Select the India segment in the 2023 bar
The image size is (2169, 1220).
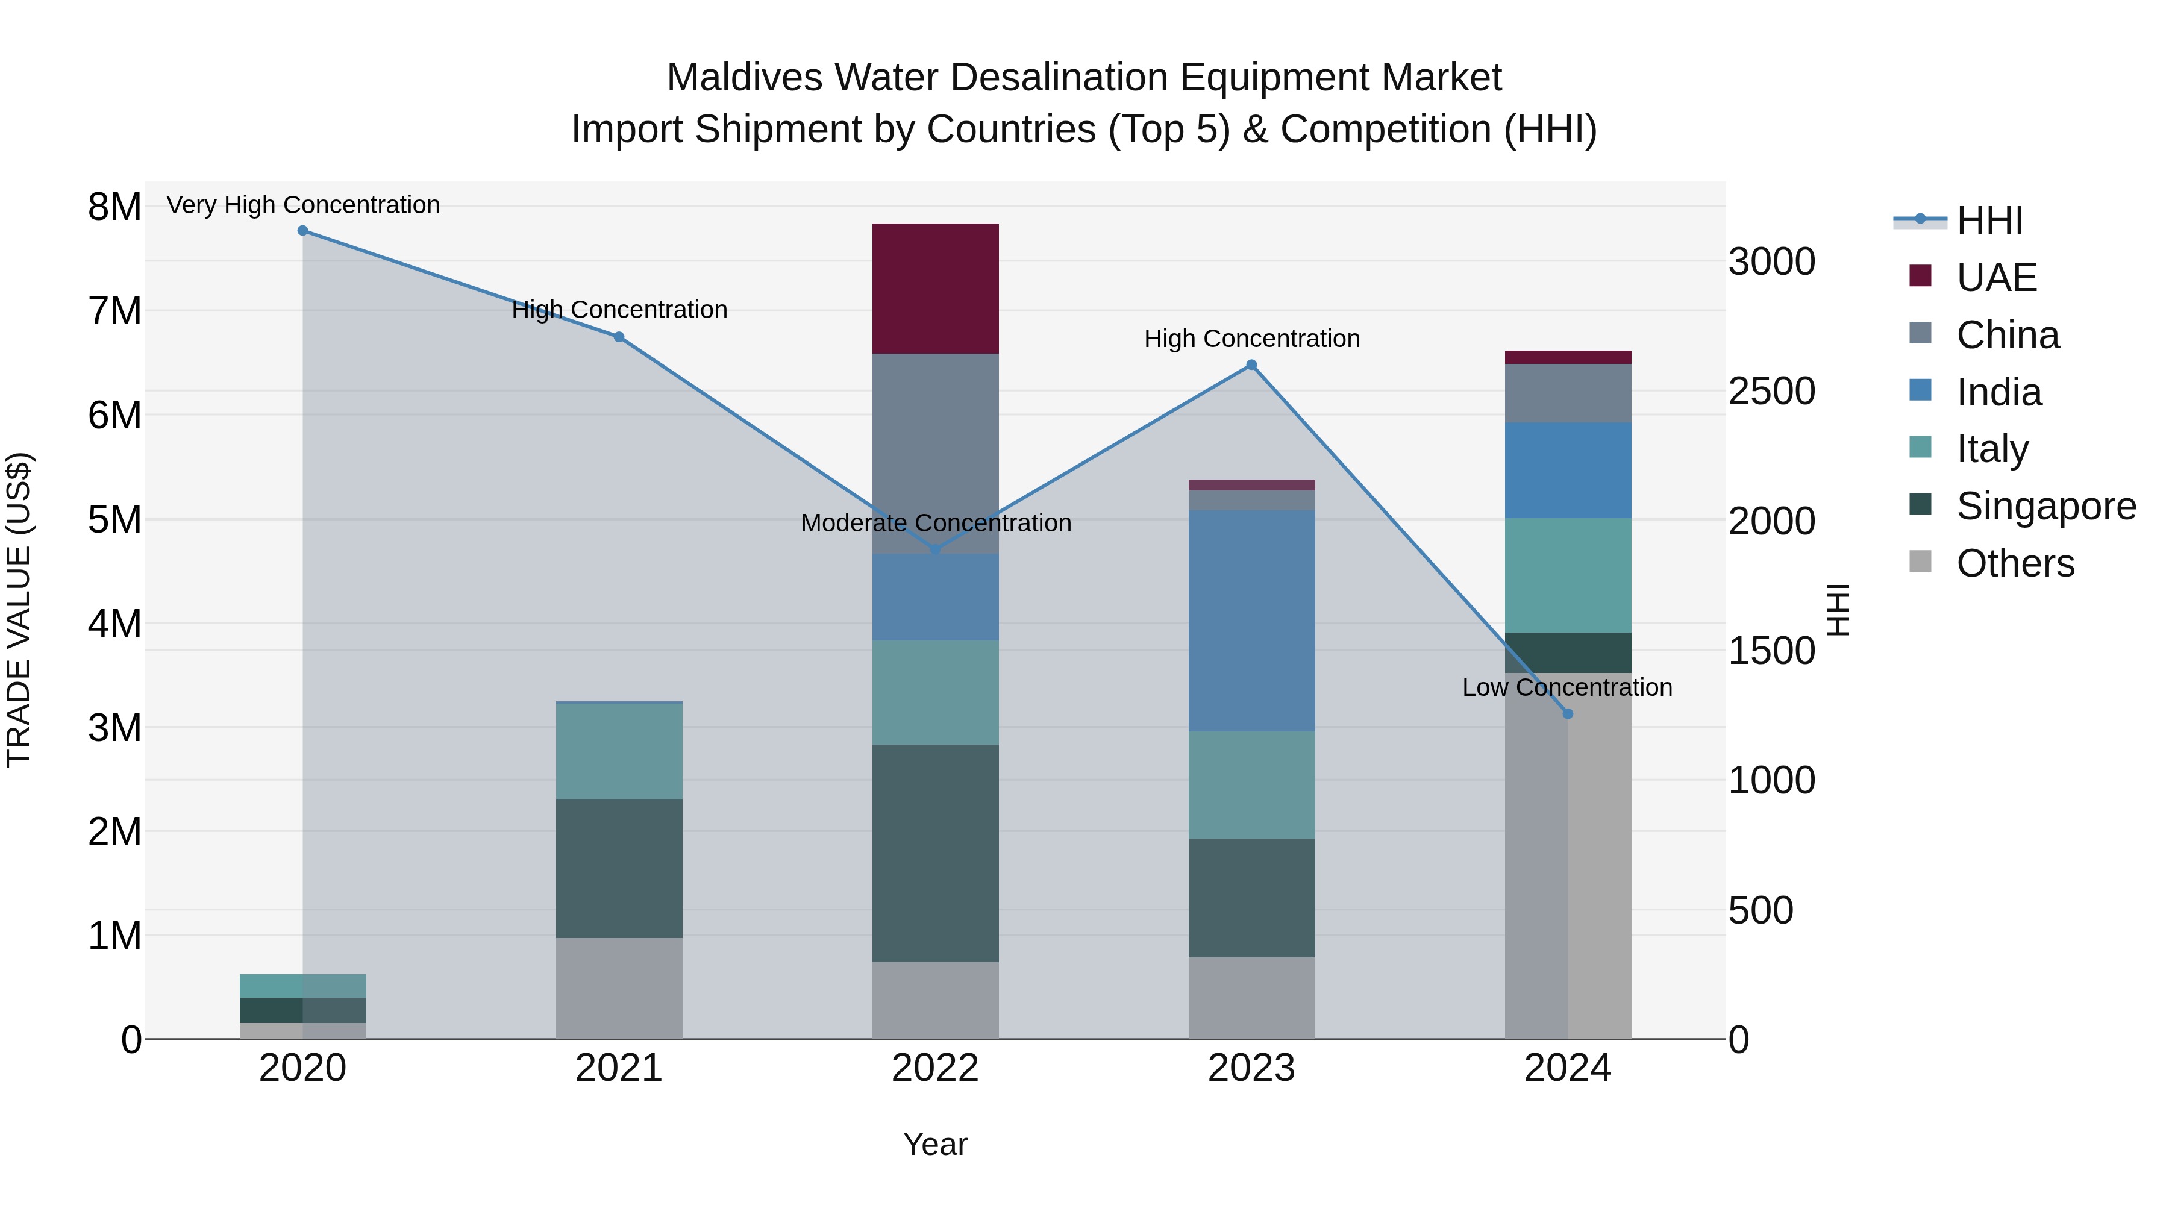[x=1251, y=620]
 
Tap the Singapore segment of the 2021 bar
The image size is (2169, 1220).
[x=619, y=868]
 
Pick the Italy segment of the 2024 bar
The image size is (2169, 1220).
[x=1568, y=575]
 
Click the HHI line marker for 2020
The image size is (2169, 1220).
[x=303, y=231]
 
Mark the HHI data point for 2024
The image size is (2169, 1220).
[x=1568, y=714]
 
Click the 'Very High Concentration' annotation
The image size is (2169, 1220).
[x=303, y=205]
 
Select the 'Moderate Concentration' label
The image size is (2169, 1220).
[x=936, y=523]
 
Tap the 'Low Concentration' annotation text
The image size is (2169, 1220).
[x=1567, y=687]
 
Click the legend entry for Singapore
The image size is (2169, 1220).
[x=2045, y=506]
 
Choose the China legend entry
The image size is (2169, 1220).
[x=2008, y=335]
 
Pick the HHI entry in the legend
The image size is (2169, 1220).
[x=1989, y=221]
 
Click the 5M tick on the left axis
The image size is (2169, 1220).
[x=114, y=519]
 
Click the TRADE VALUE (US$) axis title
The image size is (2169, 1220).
[x=19, y=610]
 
